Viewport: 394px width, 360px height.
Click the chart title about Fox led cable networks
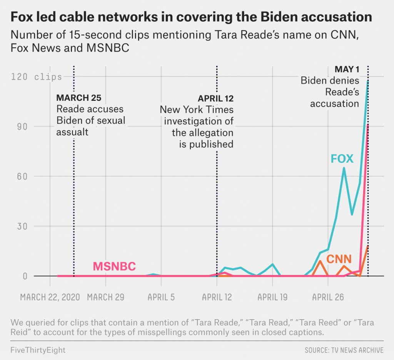coord(191,17)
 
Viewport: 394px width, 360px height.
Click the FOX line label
coord(342,159)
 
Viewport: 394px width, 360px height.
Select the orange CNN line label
coord(339,259)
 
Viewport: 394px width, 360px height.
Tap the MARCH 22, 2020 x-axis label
coord(50,297)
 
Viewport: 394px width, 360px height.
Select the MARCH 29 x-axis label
coord(105,297)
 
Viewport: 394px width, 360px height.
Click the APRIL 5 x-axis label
coord(161,297)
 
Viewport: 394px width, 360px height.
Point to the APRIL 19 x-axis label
coord(272,297)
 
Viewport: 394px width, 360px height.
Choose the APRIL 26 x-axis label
coord(328,297)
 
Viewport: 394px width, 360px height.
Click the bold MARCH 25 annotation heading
coord(79,98)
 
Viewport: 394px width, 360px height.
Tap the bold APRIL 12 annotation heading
coord(215,99)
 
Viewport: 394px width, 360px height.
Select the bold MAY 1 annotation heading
coord(347,70)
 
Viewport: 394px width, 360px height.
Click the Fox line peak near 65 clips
coord(344,168)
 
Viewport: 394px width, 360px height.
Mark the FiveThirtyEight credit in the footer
coord(38,350)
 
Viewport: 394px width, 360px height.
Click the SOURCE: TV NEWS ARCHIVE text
coord(344,350)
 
